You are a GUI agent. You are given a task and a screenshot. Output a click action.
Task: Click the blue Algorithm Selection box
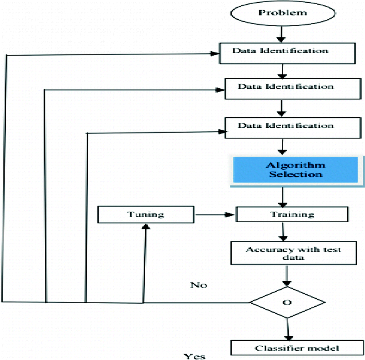[x=296, y=170]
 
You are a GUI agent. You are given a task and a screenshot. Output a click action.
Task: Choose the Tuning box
[x=146, y=214]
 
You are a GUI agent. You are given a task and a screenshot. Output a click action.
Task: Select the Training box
[x=292, y=215]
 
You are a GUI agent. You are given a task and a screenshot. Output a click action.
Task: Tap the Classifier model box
[x=297, y=348]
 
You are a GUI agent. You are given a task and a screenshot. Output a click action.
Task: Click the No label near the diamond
[x=198, y=285]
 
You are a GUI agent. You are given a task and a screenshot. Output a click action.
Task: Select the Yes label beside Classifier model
[x=195, y=356]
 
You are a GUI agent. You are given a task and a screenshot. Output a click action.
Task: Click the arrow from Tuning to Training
[x=216, y=215]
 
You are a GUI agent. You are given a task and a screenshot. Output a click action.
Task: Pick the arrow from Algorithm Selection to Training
[x=284, y=197]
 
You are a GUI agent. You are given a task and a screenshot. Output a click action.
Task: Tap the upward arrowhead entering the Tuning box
[x=145, y=228]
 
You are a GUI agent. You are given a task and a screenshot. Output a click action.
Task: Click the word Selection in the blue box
[x=296, y=175]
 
